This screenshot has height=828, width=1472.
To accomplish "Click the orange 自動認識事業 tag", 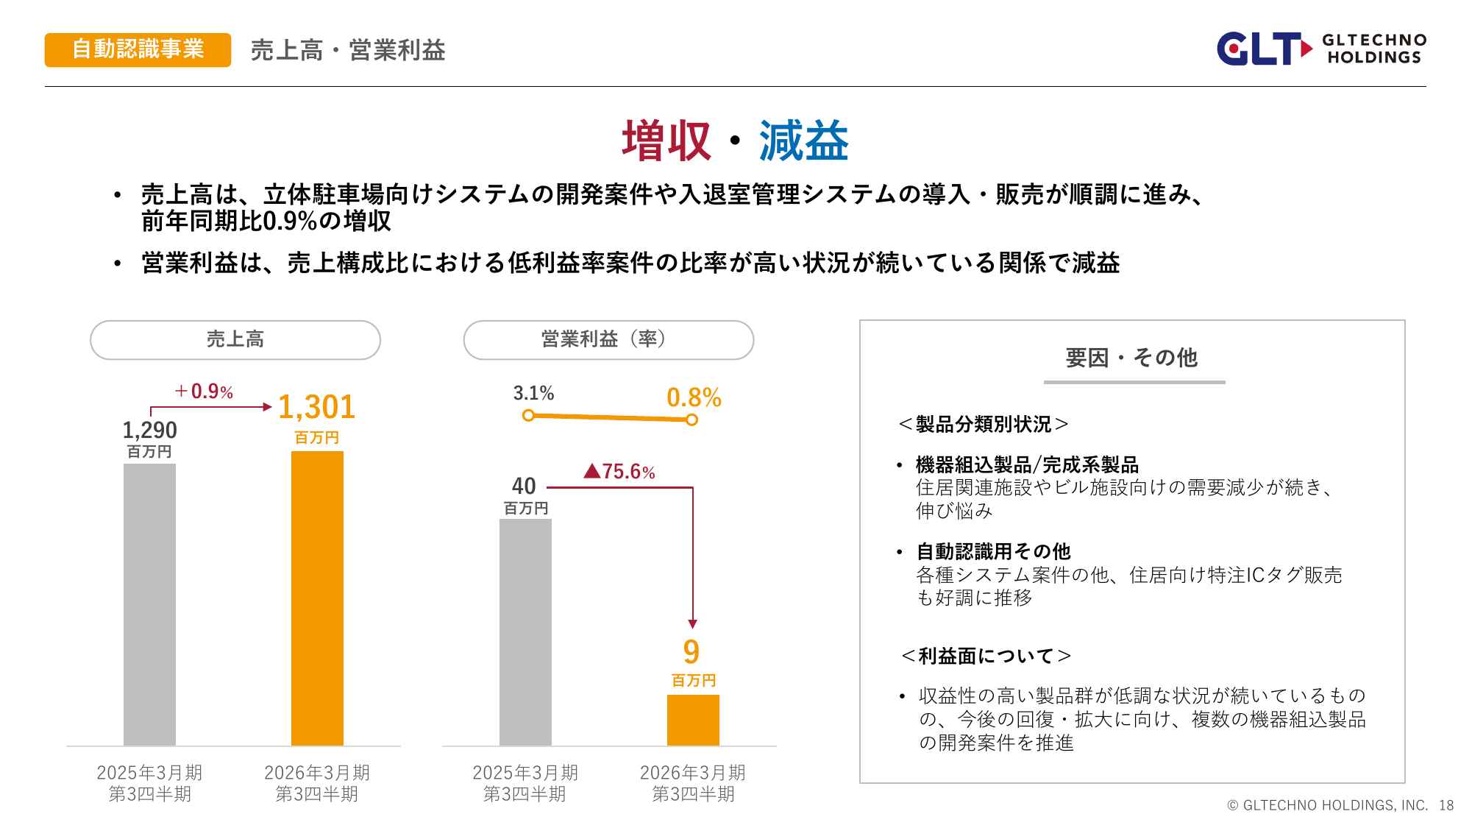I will (138, 49).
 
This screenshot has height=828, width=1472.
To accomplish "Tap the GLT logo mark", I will (1262, 49).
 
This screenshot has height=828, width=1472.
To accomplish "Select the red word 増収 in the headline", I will (666, 141).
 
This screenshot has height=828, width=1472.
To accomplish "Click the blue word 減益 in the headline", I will (803, 141).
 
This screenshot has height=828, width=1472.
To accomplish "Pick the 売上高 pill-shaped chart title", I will (235, 339).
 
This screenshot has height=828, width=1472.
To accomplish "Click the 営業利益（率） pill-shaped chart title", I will (608, 339).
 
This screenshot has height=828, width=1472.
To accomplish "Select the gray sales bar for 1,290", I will (149, 604).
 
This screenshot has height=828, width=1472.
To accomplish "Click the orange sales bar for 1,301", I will (317, 598).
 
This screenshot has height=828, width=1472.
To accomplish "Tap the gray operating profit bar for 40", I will (525, 631).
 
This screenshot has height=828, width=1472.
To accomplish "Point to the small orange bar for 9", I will (693, 720).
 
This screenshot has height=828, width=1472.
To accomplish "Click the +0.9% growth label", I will (204, 392).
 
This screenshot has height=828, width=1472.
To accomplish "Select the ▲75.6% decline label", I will (619, 471).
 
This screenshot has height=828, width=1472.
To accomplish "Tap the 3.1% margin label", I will (533, 393).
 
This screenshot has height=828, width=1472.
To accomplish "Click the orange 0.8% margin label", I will (694, 397).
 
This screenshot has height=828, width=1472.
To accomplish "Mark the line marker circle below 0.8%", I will (692, 420).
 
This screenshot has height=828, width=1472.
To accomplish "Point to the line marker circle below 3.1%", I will (528, 415).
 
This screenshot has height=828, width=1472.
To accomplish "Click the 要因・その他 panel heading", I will (1131, 358).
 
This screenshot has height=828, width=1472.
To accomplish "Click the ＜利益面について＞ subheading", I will (986, 655).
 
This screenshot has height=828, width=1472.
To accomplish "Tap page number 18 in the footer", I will (1446, 805).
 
